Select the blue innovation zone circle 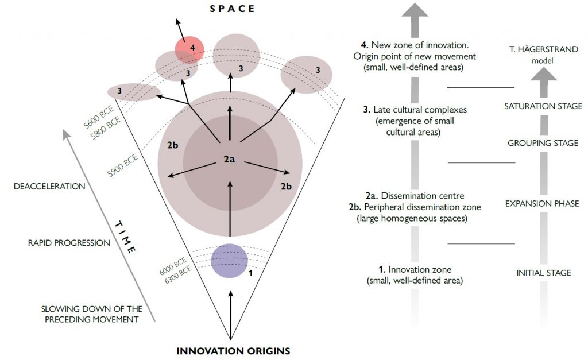click(x=229, y=261)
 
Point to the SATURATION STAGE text click(x=543, y=106)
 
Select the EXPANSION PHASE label click(x=542, y=203)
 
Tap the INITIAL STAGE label click(x=543, y=273)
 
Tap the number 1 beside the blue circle click(x=250, y=273)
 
